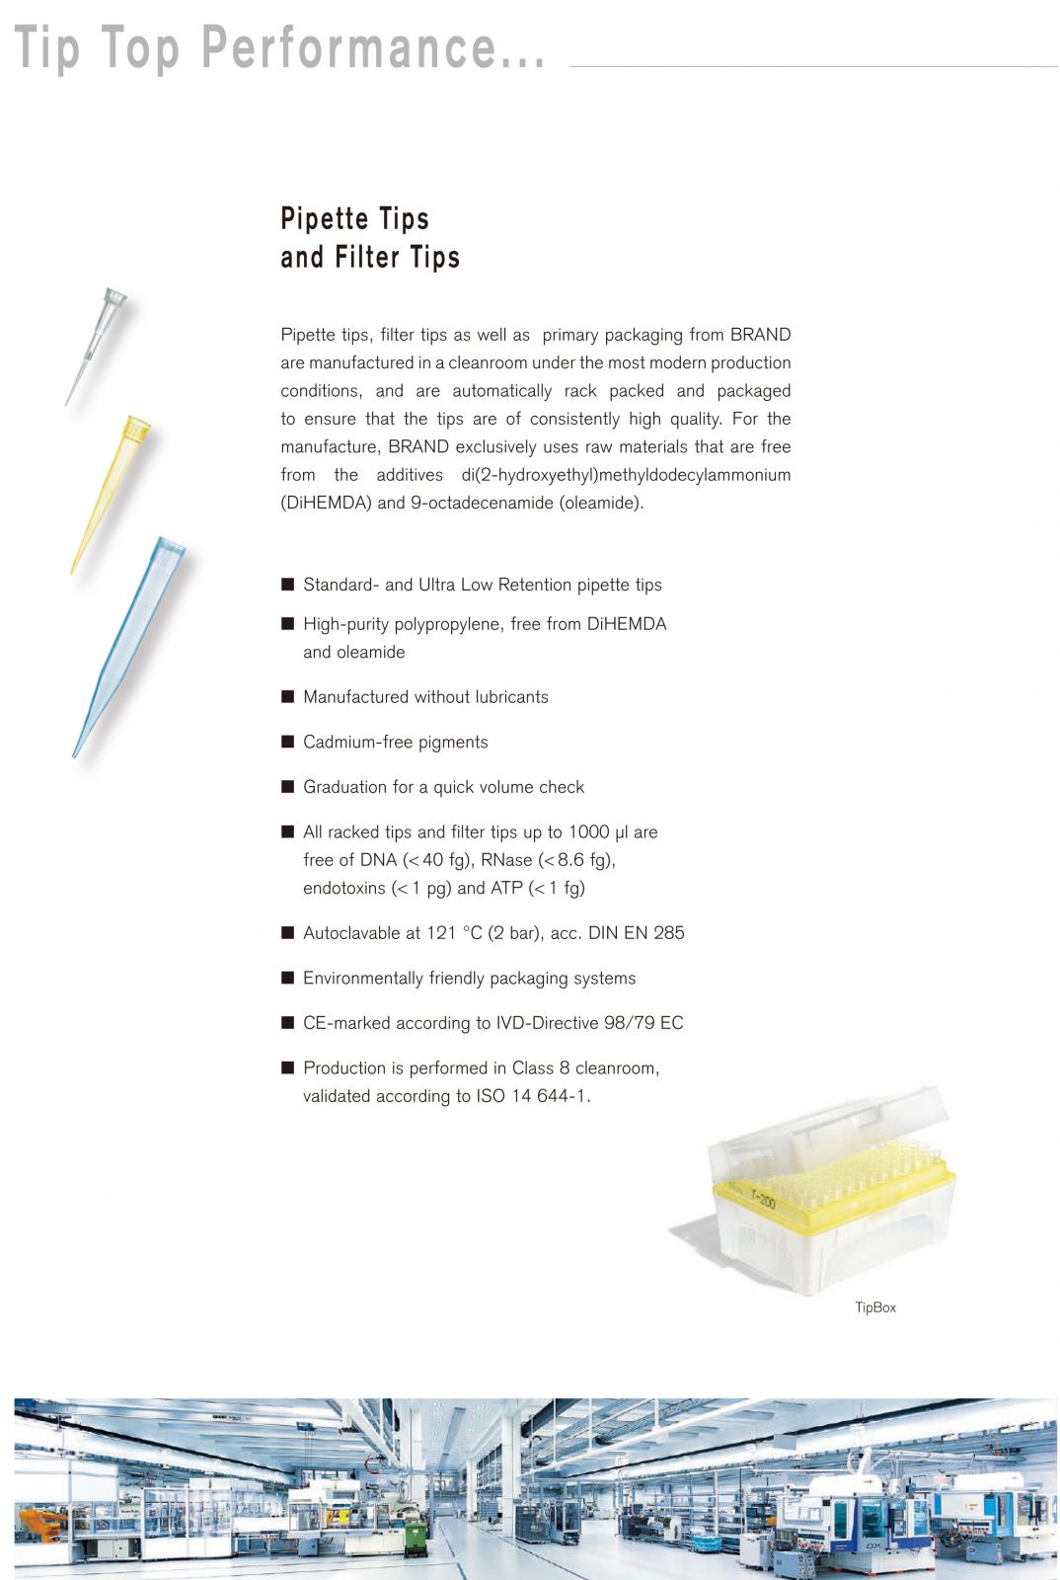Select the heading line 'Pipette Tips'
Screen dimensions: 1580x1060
coord(354,218)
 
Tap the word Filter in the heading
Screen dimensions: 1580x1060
coord(368,258)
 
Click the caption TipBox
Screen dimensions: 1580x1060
coord(875,1307)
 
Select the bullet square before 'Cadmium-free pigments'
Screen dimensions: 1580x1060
coord(288,742)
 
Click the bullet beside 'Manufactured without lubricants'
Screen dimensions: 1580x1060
coord(288,696)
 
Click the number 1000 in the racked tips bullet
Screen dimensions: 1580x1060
coord(588,832)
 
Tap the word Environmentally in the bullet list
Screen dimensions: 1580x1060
coord(362,979)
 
